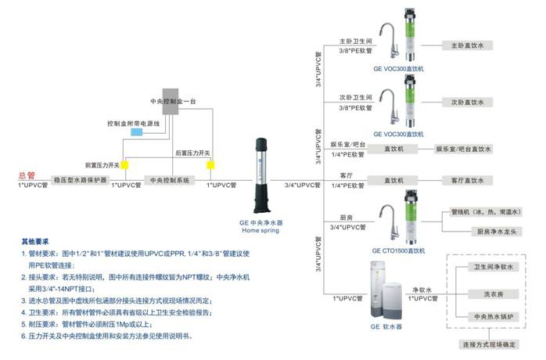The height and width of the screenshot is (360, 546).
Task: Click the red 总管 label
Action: [27, 175]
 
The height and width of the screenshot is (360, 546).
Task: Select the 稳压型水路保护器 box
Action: [79, 180]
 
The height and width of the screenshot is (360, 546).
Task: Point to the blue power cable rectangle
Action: [137, 134]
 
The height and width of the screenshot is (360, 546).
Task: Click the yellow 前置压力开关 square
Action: [124, 165]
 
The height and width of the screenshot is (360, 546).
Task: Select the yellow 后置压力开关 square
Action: [210, 164]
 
